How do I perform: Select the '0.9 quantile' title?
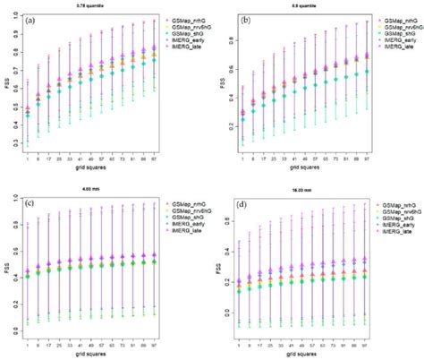(x=310, y=7)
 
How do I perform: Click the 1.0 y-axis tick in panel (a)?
(x=19, y=17)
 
